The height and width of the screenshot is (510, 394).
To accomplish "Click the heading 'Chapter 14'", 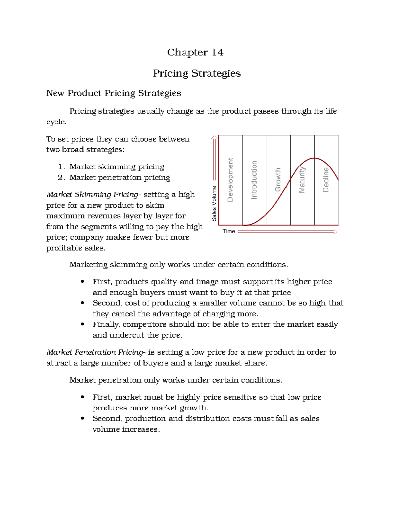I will point(195,53).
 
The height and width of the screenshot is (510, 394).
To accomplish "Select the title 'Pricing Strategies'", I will point(197,73).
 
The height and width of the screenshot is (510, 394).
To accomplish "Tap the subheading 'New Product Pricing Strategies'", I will point(114,93).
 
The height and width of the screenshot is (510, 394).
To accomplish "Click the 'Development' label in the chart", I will point(230,180).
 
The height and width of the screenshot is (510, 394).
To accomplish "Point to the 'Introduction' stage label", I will point(254,180).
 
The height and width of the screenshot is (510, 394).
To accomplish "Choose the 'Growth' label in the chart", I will point(278,180).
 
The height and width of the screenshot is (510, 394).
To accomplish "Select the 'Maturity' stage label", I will point(302,180).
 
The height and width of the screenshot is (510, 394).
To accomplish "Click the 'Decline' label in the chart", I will point(325,180).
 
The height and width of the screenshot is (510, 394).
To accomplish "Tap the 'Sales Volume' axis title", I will point(214,203).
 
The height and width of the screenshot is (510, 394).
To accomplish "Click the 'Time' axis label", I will point(229,231).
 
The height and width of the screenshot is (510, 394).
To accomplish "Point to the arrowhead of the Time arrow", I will point(335,232).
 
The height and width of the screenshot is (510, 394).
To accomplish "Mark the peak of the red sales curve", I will point(315,158).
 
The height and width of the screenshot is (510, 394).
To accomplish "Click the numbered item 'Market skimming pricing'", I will point(117,167).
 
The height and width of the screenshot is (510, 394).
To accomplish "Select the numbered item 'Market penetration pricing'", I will point(120,178).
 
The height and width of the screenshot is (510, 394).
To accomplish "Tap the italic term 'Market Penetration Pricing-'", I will point(96,352).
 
